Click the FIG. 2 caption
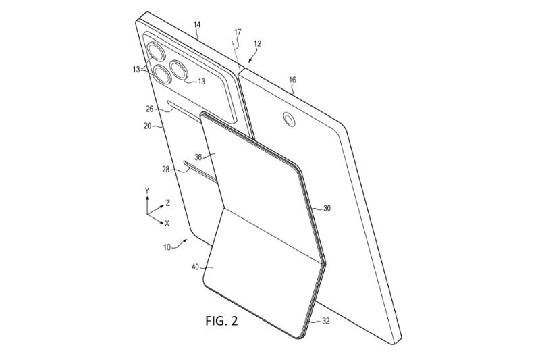tap(222, 321)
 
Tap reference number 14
tap(197, 24)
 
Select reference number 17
tap(238, 32)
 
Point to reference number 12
tap(257, 44)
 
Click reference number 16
tap(292, 80)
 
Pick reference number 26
tap(149, 109)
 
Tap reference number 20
tap(147, 126)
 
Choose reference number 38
tap(198, 157)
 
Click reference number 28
tap(166, 170)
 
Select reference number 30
tap(327, 208)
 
